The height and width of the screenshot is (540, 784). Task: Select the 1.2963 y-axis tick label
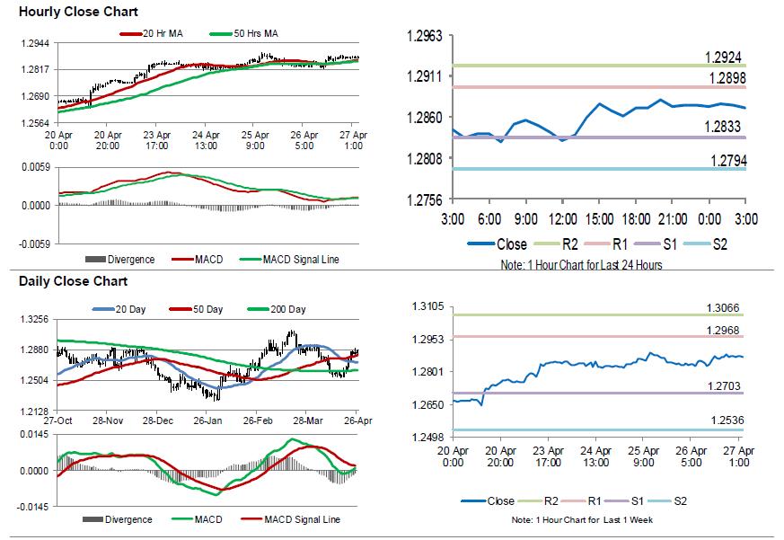(x=425, y=36)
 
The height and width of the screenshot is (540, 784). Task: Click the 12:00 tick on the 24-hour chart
(x=562, y=220)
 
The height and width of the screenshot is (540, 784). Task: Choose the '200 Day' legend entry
(x=287, y=309)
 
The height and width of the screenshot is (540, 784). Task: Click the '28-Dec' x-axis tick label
(x=157, y=420)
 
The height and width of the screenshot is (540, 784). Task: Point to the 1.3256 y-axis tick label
(x=35, y=319)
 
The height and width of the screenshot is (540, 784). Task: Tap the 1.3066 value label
(x=723, y=308)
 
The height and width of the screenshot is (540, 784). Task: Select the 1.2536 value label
(x=723, y=420)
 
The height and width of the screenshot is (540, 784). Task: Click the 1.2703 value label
(x=723, y=385)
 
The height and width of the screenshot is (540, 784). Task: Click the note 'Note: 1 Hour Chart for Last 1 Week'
(x=582, y=520)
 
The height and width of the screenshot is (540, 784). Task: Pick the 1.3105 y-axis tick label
(x=425, y=306)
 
